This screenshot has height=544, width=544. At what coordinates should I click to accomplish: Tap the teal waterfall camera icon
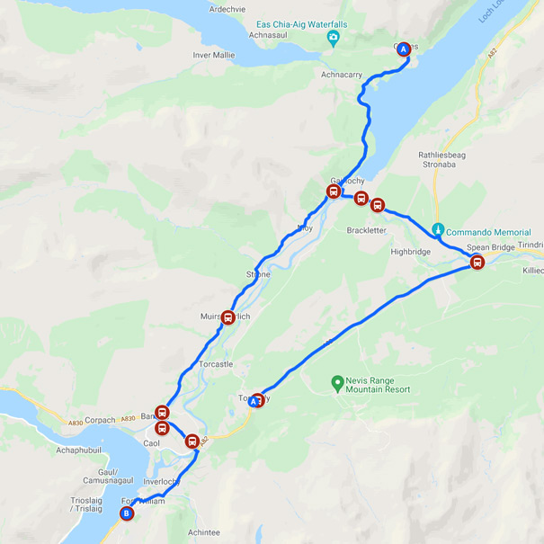click(334, 38)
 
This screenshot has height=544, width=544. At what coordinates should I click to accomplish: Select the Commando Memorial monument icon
click(438, 230)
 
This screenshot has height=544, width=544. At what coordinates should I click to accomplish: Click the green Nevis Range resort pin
click(337, 382)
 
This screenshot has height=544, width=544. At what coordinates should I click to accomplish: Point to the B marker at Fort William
click(127, 514)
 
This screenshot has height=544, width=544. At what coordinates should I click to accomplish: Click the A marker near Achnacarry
click(404, 49)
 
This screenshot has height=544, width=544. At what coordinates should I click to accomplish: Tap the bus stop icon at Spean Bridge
click(477, 263)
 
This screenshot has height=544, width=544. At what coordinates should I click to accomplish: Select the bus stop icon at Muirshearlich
click(228, 317)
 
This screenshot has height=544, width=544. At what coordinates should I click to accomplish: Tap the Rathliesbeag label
click(441, 155)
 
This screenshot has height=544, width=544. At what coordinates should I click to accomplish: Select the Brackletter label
click(366, 230)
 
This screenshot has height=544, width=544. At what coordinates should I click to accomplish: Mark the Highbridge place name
click(411, 252)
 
